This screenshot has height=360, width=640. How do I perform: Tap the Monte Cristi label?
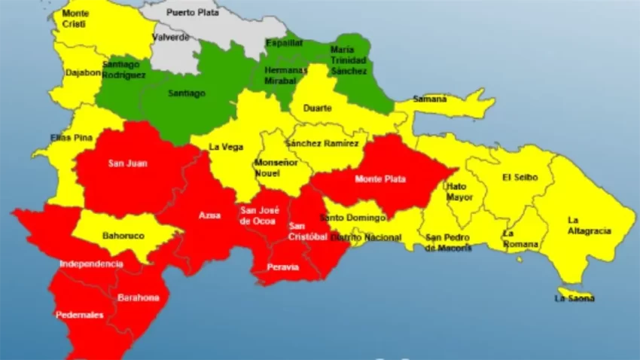(75, 19)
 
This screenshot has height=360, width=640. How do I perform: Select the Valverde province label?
(170, 37)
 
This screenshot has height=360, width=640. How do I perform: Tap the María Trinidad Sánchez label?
(349, 59)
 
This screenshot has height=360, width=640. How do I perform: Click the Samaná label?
(429, 99)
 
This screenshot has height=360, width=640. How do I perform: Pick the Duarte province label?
(317, 108)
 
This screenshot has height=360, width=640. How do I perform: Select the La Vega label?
(226, 147)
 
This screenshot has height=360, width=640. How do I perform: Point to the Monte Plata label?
(380, 179)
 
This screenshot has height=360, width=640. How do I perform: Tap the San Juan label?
(127, 163)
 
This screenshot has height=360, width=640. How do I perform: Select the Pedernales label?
(79, 315)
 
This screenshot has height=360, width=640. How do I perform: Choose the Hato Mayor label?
(459, 191)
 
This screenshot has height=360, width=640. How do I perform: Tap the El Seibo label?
(519, 178)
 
